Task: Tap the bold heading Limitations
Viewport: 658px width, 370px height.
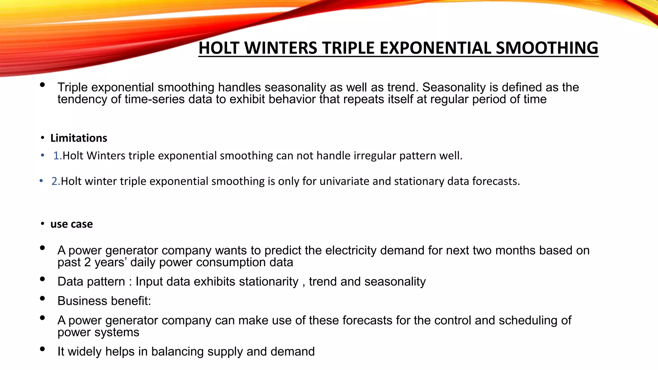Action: pyautogui.click(x=79, y=138)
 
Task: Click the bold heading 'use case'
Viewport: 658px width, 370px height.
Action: pyautogui.click(x=71, y=224)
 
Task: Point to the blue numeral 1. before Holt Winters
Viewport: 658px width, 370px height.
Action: pyautogui.click(x=58, y=156)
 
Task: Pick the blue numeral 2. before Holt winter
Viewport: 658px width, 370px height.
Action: pyautogui.click(x=56, y=181)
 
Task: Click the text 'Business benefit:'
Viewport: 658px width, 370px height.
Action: pyautogui.click(x=104, y=301)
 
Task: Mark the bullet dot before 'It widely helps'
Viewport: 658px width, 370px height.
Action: pyautogui.click(x=42, y=349)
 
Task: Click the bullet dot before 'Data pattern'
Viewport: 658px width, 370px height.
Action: pyautogui.click(x=42, y=279)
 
